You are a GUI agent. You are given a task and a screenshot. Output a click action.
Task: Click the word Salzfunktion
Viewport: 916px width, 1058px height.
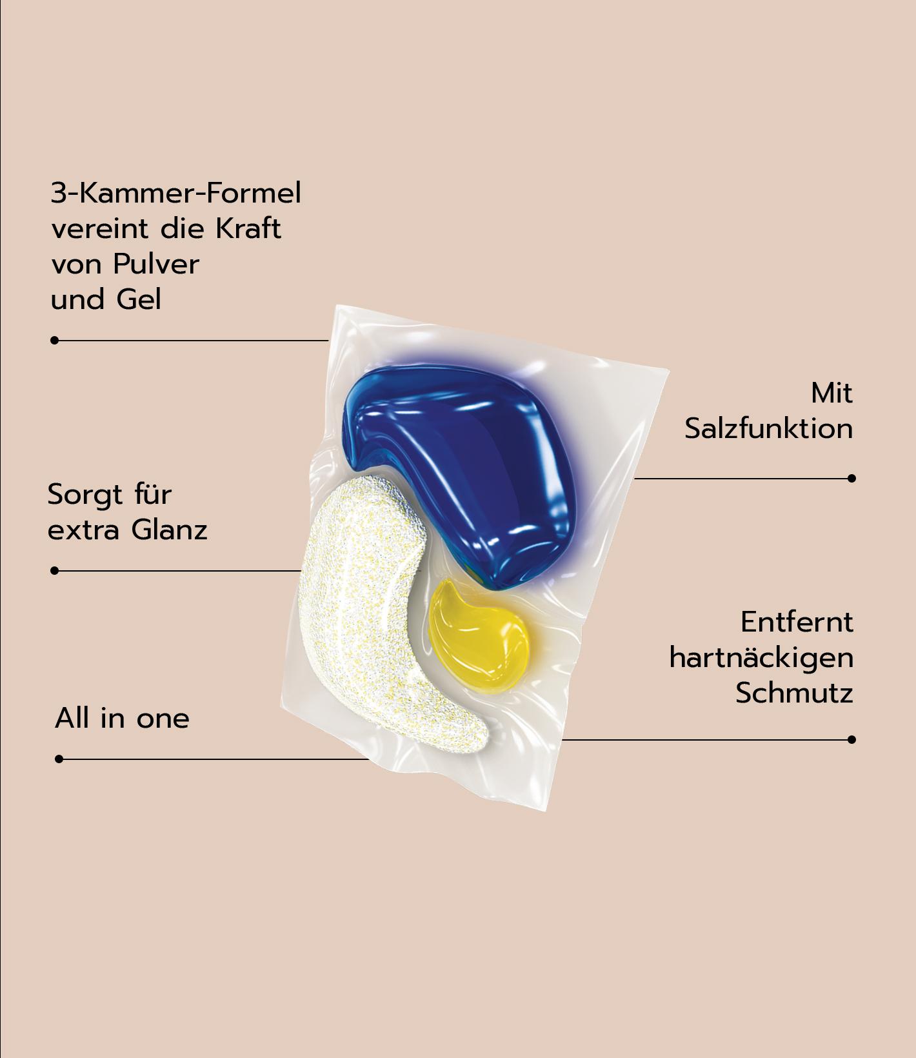coord(768,429)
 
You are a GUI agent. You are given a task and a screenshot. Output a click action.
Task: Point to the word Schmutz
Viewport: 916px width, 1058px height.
coord(794,694)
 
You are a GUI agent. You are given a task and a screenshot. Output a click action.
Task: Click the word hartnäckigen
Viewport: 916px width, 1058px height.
coord(761,658)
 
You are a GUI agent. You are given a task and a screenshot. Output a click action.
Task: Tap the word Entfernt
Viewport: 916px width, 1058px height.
coord(797,623)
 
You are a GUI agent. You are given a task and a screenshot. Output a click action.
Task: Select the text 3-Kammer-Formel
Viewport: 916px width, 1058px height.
coord(175,193)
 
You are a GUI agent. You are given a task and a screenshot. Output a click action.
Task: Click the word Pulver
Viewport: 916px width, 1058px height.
coord(155,264)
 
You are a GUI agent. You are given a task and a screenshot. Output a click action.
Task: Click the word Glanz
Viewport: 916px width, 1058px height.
coord(169,530)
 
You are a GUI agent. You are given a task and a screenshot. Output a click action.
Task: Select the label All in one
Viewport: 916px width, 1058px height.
coord(122,718)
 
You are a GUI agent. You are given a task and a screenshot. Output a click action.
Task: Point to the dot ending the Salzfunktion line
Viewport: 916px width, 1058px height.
coord(851,478)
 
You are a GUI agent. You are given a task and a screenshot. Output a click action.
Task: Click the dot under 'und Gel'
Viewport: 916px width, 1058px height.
coord(55,340)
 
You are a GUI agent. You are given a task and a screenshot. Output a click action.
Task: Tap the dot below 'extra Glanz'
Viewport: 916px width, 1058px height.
coord(55,570)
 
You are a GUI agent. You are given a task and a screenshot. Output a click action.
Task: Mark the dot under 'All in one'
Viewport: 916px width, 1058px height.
coord(59,759)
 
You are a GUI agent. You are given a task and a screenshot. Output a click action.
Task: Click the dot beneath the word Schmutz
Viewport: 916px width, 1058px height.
coord(851,739)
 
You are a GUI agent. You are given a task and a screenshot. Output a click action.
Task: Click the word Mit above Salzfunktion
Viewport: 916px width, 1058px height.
coord(831,394)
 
